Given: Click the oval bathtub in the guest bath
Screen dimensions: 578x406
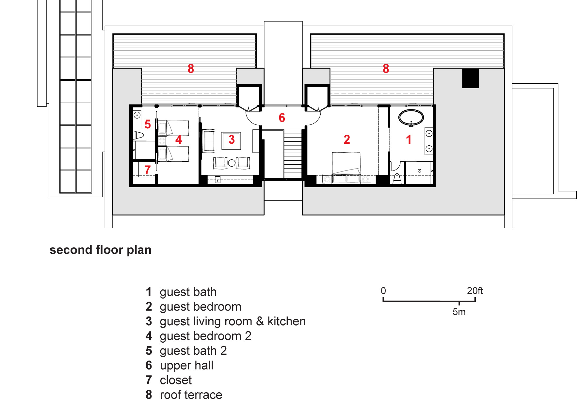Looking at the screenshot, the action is point(411,118).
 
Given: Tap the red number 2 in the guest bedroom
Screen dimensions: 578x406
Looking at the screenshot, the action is point(347,139).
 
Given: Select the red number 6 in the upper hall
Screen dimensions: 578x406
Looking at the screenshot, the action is point(282,118).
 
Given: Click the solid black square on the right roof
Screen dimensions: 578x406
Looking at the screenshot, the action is point(470,78).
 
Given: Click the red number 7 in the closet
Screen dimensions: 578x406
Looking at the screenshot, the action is point(148,170).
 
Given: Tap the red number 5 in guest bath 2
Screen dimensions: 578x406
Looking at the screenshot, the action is point(148,124).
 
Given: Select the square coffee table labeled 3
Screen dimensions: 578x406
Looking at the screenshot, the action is point(231,140).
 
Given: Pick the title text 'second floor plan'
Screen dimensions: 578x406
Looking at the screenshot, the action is point(101,250).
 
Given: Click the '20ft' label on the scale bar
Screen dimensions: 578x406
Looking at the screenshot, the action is point(475,291).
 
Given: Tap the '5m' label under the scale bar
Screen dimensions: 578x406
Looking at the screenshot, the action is point(459,312).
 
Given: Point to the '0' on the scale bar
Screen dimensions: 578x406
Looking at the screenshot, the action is point(383,291).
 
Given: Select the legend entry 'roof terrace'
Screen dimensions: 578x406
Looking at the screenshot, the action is point(191,395).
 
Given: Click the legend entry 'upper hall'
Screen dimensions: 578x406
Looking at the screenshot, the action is point(187,365).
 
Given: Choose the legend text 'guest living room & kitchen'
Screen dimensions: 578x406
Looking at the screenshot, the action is point(233,321).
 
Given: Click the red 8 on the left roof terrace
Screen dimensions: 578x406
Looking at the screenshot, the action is point(191,69).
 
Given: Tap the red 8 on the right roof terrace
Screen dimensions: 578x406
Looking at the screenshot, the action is point(386,69).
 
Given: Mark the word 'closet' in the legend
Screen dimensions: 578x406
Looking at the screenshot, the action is point(176,380).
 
